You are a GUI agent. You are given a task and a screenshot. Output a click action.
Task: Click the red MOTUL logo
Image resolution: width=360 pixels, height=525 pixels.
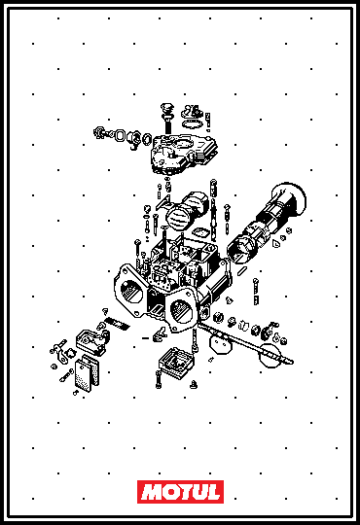pos(180,492)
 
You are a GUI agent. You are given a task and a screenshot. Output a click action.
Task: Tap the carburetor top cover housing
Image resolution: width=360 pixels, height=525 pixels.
pos(184,154)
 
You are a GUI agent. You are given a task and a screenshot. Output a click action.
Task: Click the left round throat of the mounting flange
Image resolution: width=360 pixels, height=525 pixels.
pos(131,291)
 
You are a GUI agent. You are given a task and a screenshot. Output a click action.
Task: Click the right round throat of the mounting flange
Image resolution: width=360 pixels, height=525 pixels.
pos(181,311)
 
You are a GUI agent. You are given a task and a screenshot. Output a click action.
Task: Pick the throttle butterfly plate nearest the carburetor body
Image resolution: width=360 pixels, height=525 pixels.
pos(221,343)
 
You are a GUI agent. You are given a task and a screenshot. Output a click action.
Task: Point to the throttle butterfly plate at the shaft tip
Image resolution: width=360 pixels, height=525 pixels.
pos(270,356)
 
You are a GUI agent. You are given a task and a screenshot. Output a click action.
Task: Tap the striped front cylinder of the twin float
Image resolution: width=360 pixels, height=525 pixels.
pos(179,217)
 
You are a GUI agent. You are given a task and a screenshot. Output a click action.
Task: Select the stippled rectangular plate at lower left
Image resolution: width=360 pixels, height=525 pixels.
pos(83,375)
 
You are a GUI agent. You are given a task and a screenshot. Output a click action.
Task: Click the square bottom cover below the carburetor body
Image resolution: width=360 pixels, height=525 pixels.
pos(176,363)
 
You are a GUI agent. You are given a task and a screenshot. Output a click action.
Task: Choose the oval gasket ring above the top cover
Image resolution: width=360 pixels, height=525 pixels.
pos(192,123)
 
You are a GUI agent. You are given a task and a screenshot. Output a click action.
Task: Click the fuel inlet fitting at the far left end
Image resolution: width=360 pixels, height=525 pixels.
pos(99,132)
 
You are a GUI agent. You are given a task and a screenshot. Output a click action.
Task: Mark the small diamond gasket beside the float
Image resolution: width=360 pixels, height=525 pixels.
pos(200,231)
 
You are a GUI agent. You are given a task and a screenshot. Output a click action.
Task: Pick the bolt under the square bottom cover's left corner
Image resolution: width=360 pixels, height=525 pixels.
pos(159,379)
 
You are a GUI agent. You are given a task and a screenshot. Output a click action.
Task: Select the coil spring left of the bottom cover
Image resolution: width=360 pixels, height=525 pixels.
pos(117,324)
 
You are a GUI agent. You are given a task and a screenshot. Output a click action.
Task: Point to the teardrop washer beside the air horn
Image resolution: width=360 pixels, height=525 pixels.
pos(276,243)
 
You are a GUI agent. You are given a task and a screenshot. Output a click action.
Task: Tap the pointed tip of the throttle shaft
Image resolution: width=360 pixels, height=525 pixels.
pos(292,362)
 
